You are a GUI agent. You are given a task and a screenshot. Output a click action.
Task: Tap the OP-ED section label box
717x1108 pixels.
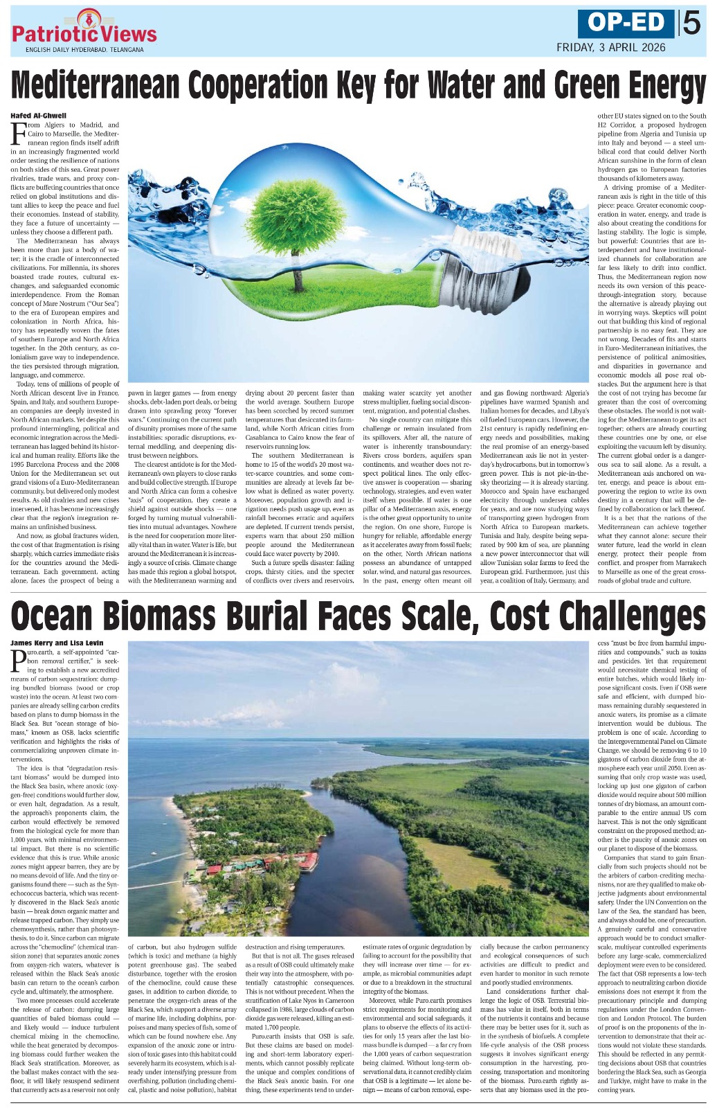click(626, 24)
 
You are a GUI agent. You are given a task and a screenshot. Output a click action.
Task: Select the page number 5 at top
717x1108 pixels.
click(691, 24)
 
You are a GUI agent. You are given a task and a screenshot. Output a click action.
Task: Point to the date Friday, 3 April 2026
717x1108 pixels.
click(611, 48)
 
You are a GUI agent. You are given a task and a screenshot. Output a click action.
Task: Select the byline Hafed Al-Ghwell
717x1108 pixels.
click(39, 115)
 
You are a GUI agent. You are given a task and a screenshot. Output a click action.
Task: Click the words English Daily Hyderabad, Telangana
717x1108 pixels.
click(84, 50)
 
